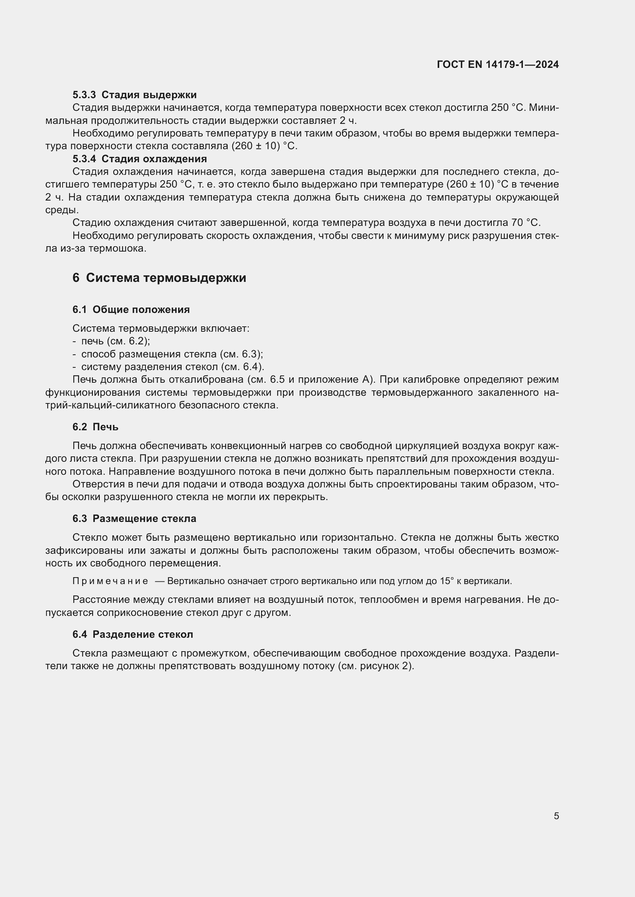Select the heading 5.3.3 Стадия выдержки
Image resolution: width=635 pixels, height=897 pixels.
coord(134,95)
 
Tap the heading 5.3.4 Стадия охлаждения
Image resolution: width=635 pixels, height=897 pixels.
coord(139,159)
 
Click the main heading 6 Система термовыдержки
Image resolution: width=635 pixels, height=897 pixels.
coord(159,278)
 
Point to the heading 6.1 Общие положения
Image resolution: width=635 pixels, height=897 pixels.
coord(131,310)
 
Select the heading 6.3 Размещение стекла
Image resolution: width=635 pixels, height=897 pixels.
coord(134,519)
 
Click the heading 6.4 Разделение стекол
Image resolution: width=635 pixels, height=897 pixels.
coord(132,634)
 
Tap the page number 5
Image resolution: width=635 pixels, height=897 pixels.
coord(556,816)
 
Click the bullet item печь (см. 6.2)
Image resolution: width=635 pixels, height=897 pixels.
coord(115,341)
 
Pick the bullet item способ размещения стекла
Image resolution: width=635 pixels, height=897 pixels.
coord(172,354)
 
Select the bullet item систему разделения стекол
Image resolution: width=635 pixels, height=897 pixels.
coord(172,367)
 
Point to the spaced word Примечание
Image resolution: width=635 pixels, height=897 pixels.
coord(110,581)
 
